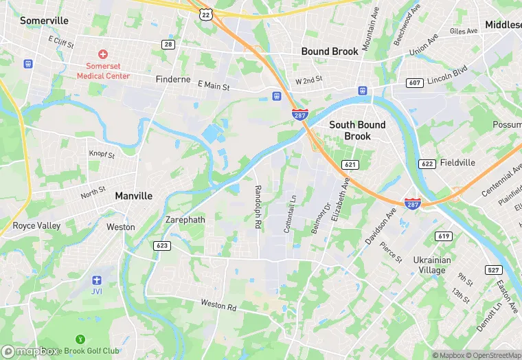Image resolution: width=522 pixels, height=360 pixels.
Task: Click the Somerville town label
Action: tap(44, 21)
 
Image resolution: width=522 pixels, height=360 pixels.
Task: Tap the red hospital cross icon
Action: tap(103, 54)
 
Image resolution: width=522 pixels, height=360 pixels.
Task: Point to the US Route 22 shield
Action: tap(205, 13)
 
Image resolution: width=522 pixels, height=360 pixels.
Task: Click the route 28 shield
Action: tap(168, 44)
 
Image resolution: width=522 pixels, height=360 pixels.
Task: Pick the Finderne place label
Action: tap(173, 79)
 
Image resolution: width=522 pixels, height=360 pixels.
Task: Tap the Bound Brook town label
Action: tap(330, 52)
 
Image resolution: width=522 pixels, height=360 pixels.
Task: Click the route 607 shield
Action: tap(414, 83)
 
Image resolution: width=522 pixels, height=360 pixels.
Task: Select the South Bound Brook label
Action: tap(357, 130)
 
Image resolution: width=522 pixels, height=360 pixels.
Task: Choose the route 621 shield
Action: tap(350, 165)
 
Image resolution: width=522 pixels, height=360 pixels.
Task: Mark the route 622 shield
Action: tap(427, 164)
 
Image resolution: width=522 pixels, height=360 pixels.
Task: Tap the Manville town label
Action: tap(134, 196)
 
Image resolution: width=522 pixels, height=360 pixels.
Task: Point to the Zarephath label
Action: tap(185, 220)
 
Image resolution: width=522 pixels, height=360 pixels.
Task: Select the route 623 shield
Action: tap(162, 245)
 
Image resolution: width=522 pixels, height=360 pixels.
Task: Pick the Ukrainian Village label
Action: tap(432, 265)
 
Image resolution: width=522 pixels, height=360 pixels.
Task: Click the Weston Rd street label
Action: tap(218, 304)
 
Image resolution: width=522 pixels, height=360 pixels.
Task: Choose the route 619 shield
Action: tap(444, 236)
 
